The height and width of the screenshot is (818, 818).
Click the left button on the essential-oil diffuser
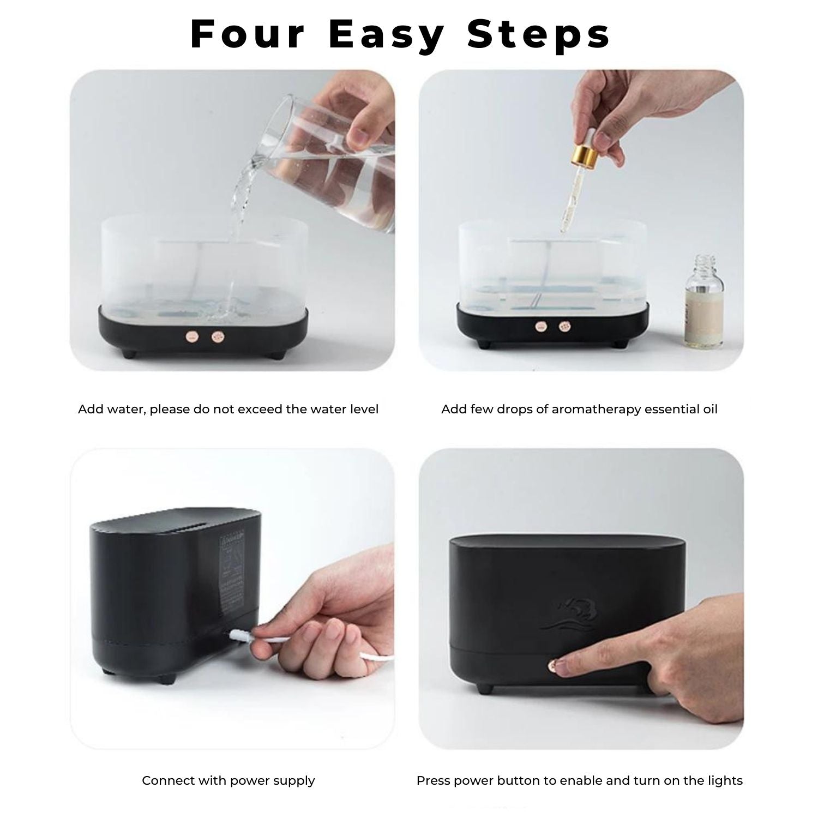(x=540, y=327)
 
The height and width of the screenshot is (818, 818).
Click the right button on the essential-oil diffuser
(x=563, y=327)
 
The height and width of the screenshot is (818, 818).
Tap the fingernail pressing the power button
(x=558, y=665)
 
